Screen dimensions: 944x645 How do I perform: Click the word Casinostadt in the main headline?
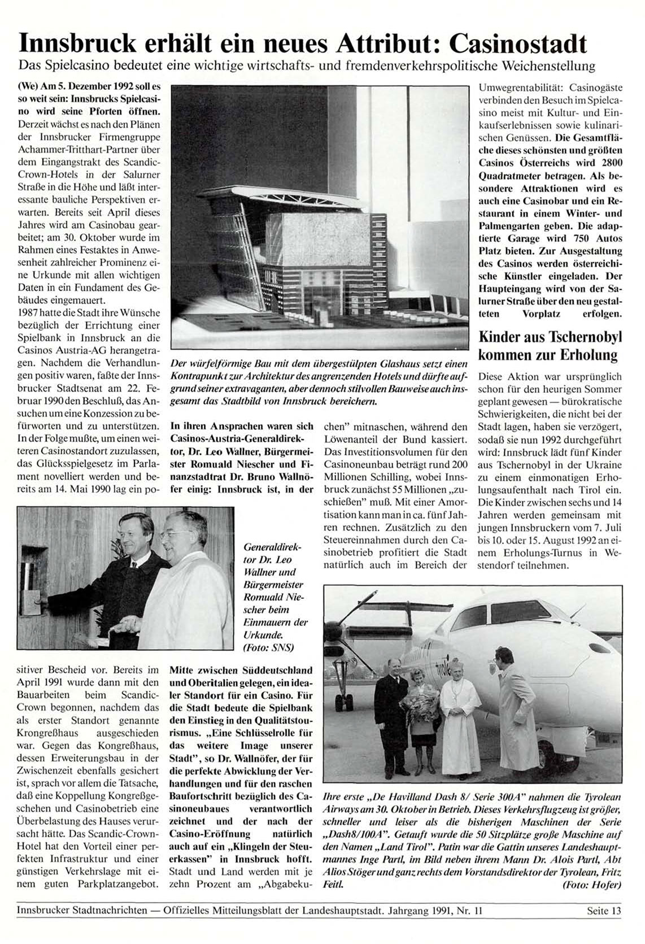pos(520,42)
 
